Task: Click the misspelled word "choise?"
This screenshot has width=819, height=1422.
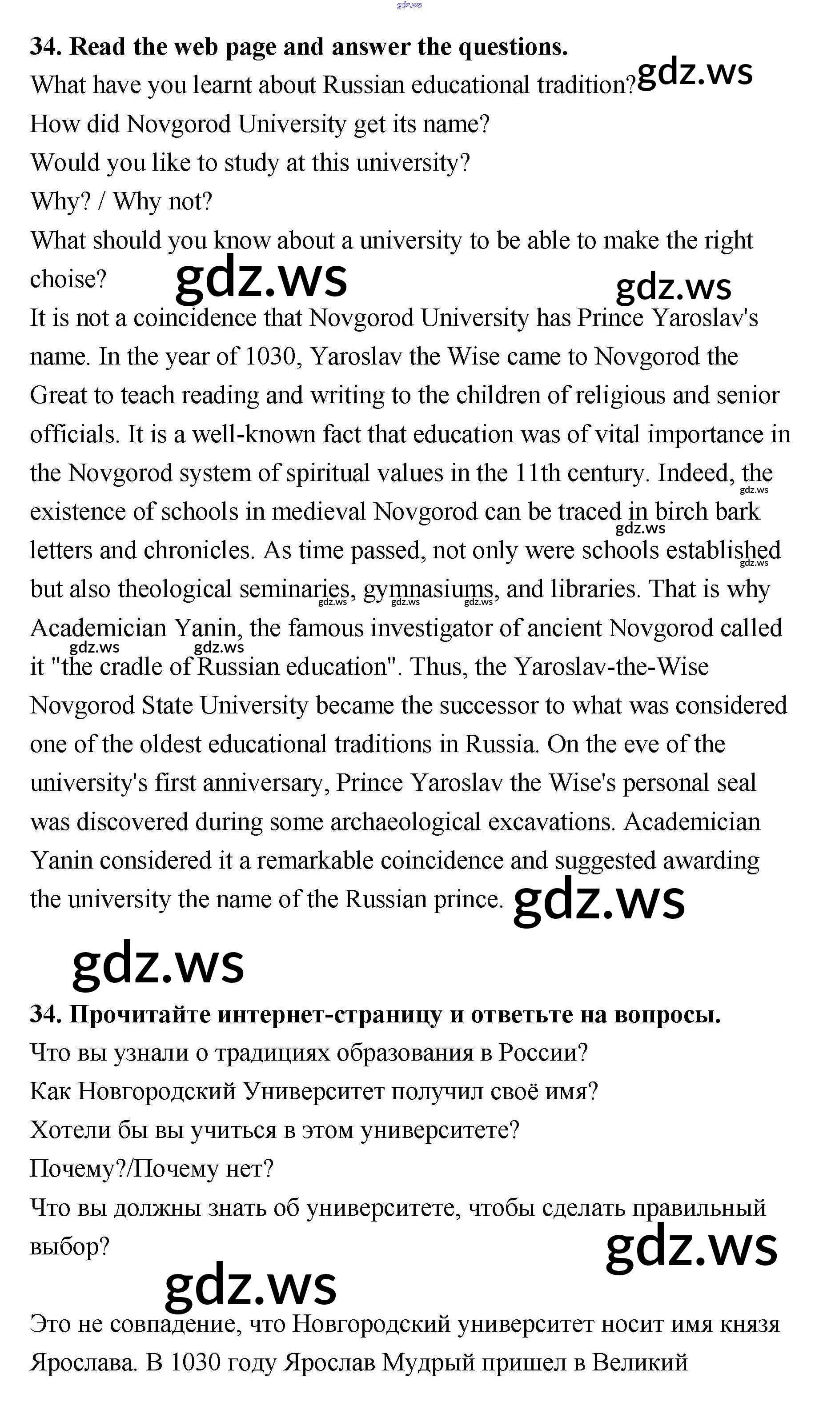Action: [68, 279]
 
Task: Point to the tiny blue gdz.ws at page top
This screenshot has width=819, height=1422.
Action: [409, 5]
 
